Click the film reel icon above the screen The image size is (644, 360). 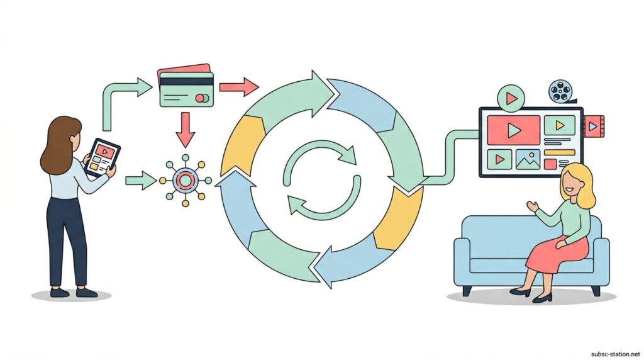coord(560,92)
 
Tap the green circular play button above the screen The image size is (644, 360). coord(510,99)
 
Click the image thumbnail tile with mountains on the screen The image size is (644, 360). coord(528,159)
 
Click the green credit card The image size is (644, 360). coord(187,89)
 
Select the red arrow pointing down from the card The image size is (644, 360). coord(186,128)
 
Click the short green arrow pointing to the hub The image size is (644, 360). coord(140,181)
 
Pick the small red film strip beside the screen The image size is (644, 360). coord(594,126)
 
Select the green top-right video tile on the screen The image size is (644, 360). coord(558,125)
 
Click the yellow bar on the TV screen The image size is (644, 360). coord(559,152)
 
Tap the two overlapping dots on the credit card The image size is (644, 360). coord(203,98)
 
